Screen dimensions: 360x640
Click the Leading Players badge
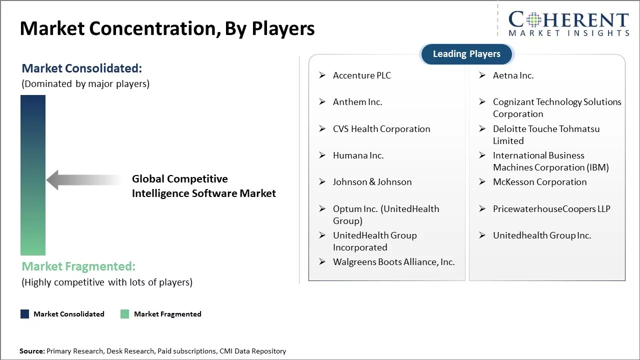466,54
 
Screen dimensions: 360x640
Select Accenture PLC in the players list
361,75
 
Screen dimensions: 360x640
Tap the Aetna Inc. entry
513,75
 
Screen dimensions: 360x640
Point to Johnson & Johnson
372,182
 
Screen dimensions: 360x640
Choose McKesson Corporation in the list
539,182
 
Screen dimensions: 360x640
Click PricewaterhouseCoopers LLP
551,209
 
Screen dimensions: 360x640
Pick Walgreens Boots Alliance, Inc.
393,262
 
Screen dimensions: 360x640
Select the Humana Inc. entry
358,155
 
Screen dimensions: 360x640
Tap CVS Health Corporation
381,129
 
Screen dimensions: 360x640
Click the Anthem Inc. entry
357,102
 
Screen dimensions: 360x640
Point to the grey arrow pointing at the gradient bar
82,180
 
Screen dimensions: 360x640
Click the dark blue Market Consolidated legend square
25,314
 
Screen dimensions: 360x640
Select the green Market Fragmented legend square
125,314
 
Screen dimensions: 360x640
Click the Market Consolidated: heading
82,68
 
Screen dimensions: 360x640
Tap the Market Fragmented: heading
78,266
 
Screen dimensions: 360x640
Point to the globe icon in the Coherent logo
533,20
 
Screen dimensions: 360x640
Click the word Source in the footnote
31,351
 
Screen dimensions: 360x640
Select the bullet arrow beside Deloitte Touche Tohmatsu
482,129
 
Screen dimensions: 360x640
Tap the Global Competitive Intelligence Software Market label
203,186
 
